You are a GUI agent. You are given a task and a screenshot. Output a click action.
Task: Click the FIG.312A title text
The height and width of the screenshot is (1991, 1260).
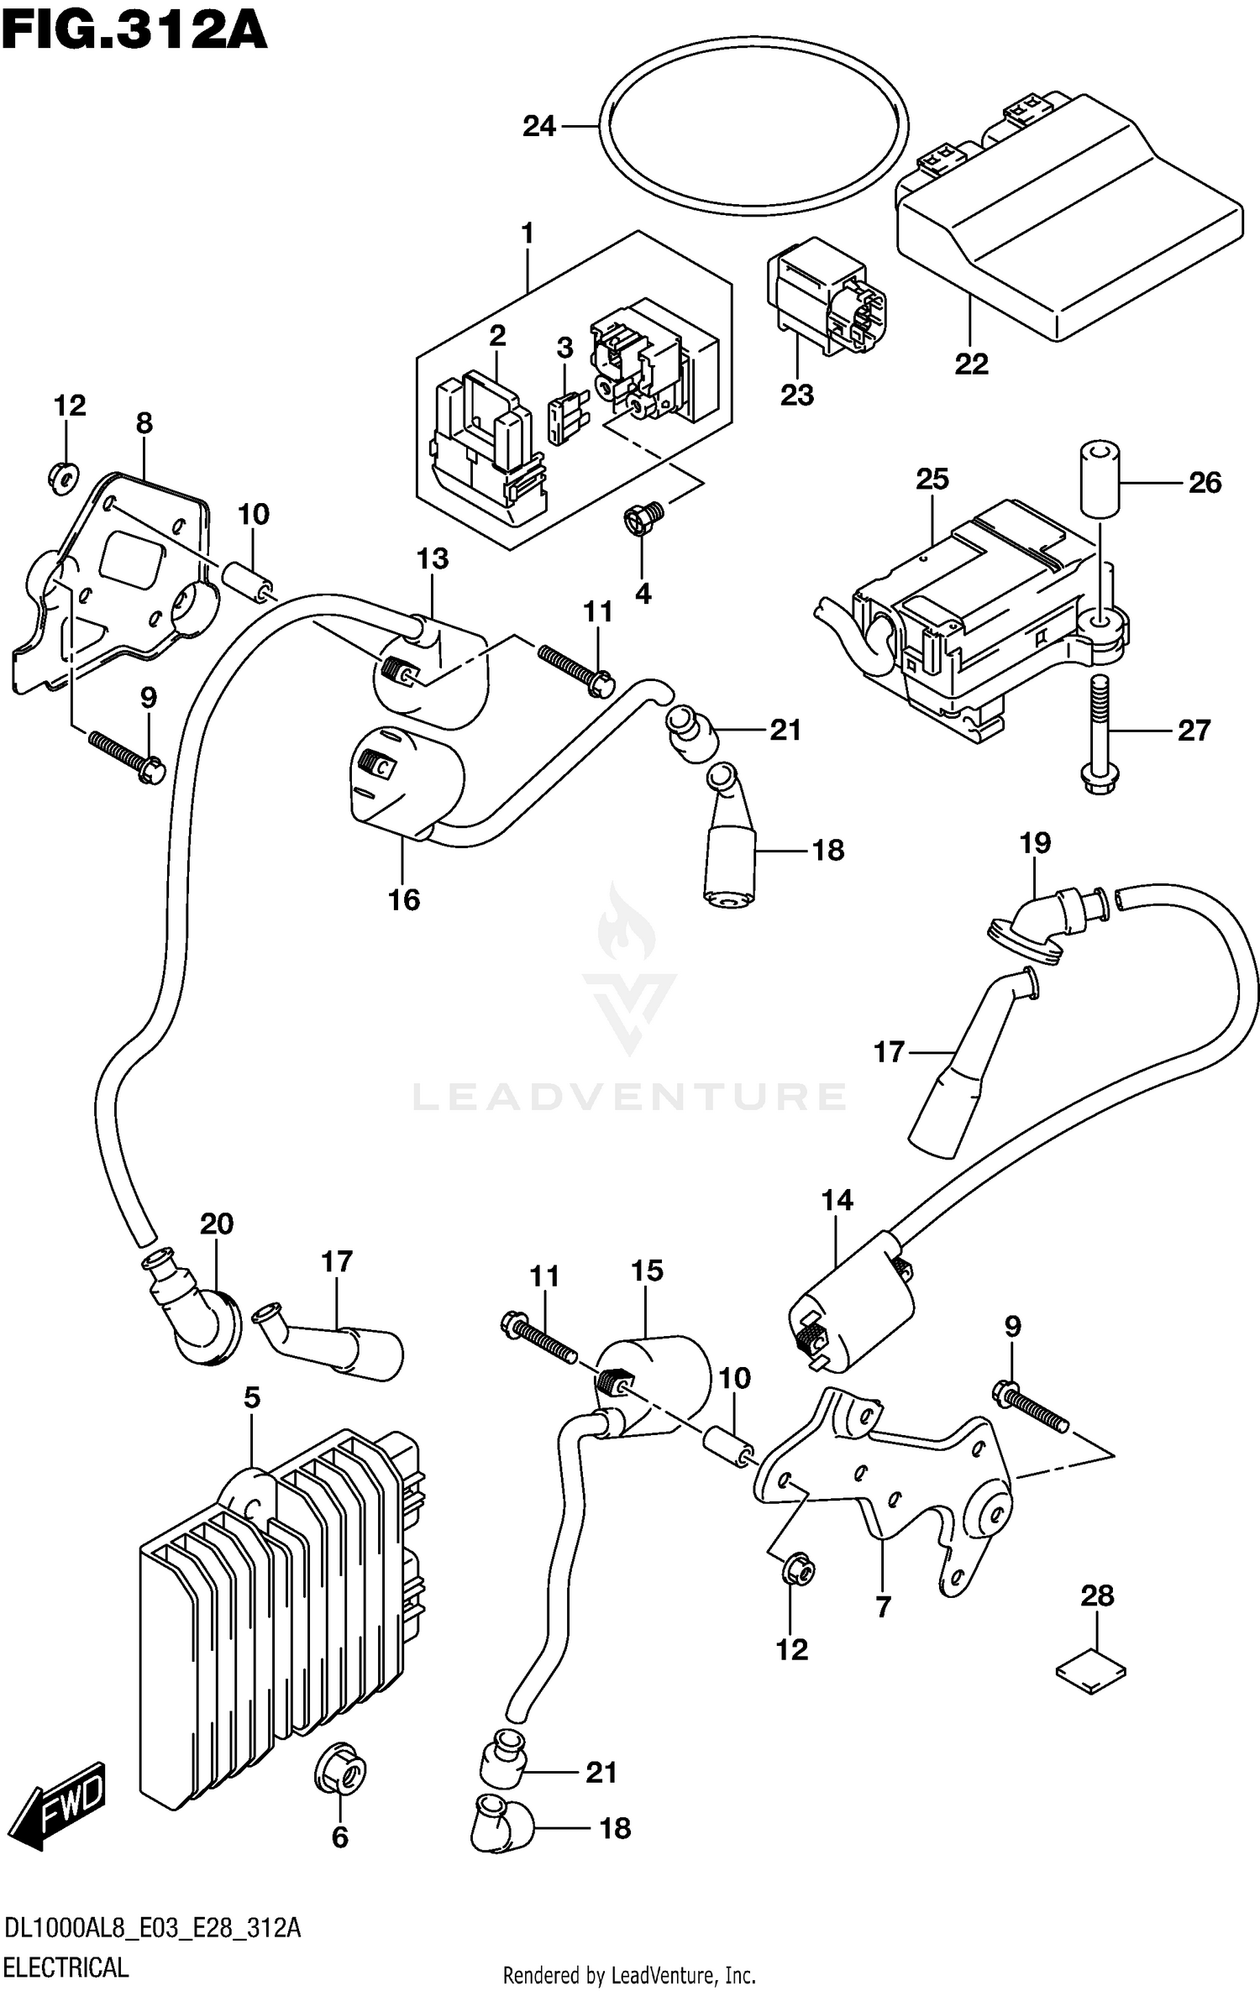(x=134, y=34)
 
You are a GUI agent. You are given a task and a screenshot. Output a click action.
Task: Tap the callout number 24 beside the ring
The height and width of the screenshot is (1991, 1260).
(x=539, y=126)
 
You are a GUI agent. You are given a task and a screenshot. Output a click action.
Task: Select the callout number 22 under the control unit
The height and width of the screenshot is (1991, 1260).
(x=971, y=364)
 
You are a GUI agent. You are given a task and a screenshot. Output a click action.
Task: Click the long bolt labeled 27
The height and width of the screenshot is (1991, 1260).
(x=1100, y=731)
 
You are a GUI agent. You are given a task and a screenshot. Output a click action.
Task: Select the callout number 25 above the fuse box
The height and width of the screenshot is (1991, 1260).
(x=932, y=479)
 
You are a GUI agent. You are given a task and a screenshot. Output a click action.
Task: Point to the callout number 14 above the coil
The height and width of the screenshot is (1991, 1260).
(x=837, y=1200)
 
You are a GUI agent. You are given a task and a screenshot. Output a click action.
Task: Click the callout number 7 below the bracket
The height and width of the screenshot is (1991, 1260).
(x=883, y=1606)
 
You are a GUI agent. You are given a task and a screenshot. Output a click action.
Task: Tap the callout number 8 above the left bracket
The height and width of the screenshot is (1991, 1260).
(x=144, y=423)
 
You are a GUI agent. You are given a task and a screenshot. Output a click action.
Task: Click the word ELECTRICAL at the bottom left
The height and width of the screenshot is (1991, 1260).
(x=66, y=1967)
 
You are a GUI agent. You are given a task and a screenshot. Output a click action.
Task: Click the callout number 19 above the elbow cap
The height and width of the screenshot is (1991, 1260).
(x=1035, y=842)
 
